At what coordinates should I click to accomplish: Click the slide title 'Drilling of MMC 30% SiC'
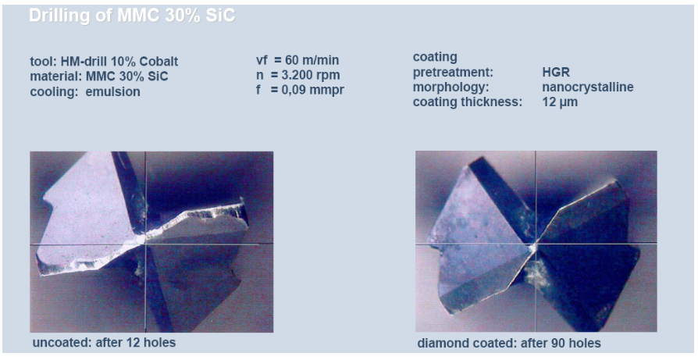click(x=132, y=16)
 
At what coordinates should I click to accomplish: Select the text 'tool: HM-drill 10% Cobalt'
click(x=104, y=62)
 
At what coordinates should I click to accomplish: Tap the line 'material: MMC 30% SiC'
click(x=99, y=77)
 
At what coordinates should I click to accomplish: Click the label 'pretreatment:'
click(x=453, y=72)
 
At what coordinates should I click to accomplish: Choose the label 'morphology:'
click(x=448, y=87)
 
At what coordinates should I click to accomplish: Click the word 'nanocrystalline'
click(x=588, y=87)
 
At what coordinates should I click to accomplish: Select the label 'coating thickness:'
click(x=468, y=102)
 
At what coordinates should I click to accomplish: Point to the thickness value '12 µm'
click(x=560, y=102)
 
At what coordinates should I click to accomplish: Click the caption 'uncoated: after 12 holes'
click(x=104, y=343)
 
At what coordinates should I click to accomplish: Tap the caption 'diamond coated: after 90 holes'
click(x=509, y=343)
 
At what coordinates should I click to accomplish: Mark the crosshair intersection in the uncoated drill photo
click(x=145, y=244)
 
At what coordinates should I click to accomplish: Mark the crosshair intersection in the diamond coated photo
click(x=536, y=244)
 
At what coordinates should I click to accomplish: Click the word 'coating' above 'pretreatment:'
click(x=435, y=58)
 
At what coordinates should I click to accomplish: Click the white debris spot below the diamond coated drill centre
click(x=537, y=271)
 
